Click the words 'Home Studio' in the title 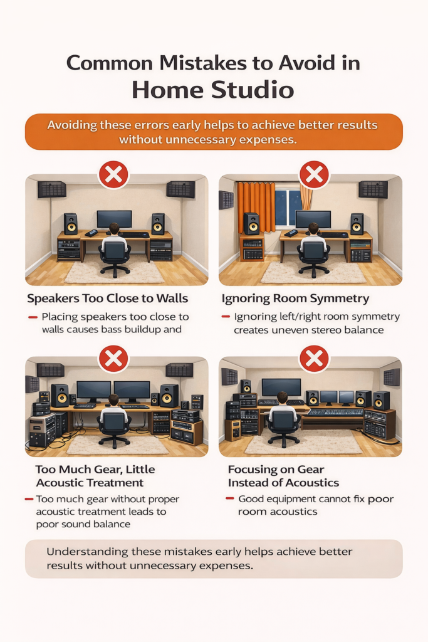(213, 90)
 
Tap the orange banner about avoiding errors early (213, 132)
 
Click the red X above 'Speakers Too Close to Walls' (113, 175)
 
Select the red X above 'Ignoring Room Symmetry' (314, 175)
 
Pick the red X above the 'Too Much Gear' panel (113, 359)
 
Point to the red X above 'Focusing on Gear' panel (314, 359)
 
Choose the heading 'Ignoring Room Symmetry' (295, 298)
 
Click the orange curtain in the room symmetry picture (256, 207)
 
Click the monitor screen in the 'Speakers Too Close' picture (114, 219)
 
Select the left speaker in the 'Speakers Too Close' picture (71, 224)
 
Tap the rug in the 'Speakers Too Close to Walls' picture (115, 271)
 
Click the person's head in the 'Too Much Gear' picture (113, 399)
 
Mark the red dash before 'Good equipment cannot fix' (229, 499)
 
